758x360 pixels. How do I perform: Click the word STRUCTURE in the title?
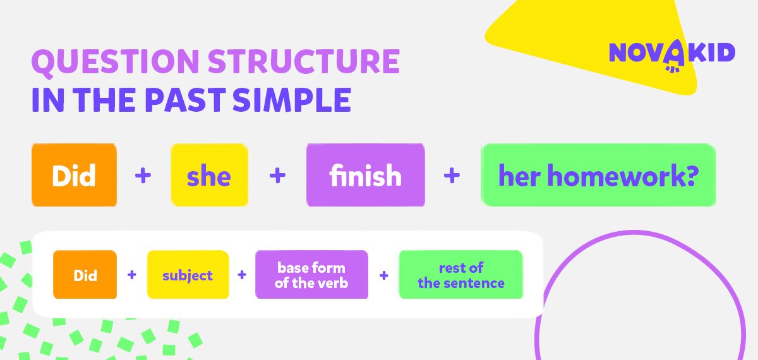(x=304, y=61)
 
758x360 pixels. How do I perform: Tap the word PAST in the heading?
(x=186, y=100)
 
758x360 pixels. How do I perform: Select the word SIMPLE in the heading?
(x=292, y=100)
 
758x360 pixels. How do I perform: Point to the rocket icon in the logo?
(x=673, y=56)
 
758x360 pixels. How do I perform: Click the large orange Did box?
(x=74, y=175)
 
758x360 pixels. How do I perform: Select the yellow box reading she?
(x=209, y=175)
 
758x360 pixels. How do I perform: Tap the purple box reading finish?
(x=366, y=175)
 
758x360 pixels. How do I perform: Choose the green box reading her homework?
(x=598, y=175)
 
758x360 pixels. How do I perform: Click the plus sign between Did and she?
(x=143, y=176)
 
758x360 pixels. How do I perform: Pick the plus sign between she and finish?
(x=277, y=176)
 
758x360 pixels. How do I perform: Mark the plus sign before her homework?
(x=452, y=176)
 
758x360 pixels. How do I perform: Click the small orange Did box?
(x=85, y=274)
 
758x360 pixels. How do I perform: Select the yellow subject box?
(x=188, y=274)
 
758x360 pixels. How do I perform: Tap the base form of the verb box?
(x=311, y=274)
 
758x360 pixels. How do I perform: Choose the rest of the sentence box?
(x=461, y=274)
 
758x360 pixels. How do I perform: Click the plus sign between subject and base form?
(x=241, y=275)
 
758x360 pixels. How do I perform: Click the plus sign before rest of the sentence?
(x=384, y=275)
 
